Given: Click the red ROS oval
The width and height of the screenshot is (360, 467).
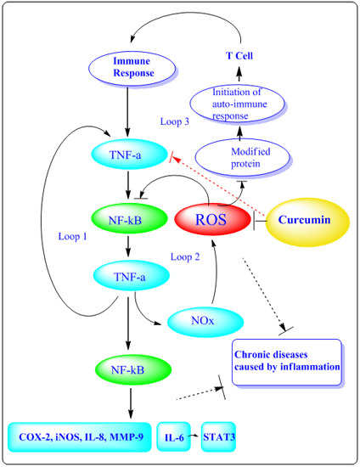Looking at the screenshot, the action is (x=212, y=219).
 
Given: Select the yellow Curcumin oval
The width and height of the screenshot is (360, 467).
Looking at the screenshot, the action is (x=307, y=222).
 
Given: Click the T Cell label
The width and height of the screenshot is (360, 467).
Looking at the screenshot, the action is (x=239, y=56).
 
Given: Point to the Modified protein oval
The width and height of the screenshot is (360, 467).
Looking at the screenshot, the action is (x=242, y=157).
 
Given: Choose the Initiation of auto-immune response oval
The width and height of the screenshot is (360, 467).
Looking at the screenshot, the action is (x=237, y=104).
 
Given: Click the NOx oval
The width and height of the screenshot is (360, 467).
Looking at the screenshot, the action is (x=205, y=321).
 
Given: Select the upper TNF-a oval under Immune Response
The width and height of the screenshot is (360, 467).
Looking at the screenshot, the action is (x=129, y=155).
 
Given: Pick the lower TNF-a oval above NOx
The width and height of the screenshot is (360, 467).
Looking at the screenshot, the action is (x=132, y=275).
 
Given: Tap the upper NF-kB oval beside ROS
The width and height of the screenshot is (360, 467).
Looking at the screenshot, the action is (x=129, y=219).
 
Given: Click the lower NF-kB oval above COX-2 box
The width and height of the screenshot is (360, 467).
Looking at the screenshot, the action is (x=133, y=369).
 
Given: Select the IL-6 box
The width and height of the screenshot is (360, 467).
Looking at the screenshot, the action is (x=173, y=436).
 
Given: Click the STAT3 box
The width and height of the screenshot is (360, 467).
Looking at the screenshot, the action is (x=218, y=436).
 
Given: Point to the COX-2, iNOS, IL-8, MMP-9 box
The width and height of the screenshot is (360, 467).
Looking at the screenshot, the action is (x=80, y=436).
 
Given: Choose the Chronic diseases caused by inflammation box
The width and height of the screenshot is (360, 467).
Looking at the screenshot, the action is (x=287, y=362).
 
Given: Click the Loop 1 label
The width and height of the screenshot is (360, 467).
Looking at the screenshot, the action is (x=73, y=237).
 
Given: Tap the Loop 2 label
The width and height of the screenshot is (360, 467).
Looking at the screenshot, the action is (x=185, y=256).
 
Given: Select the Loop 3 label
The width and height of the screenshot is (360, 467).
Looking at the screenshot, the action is (x=175, y=121).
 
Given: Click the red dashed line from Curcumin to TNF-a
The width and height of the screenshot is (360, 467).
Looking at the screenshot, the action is (x=218, y=186).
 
